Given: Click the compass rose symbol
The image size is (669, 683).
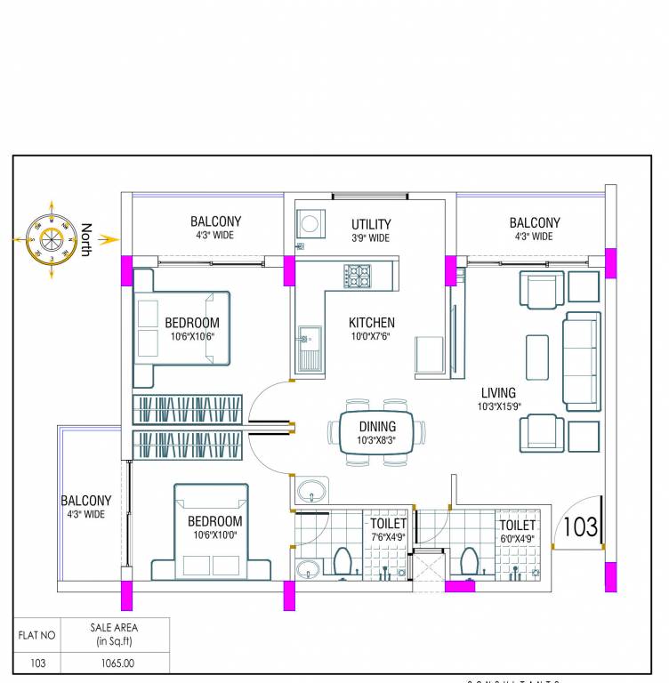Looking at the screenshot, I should [51, 239].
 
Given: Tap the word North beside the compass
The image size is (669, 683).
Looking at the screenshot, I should [85, 239].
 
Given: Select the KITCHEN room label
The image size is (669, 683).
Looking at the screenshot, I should [372, 323].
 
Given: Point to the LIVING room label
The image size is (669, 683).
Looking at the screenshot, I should [498, 392].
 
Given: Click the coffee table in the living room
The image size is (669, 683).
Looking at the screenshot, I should [537, 357].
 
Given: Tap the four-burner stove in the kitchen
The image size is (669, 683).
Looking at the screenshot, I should [359, 276].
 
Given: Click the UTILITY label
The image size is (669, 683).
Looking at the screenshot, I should [370, 224].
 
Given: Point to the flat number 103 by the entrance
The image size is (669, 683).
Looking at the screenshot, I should [580, 526].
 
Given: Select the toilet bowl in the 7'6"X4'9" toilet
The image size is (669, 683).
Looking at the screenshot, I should [342, 562].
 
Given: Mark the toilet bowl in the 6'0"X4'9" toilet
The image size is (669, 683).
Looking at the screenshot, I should [469, 562].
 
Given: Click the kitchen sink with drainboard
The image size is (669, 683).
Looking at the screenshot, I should [310, 348].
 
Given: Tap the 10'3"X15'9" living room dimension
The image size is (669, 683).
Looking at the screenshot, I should [498, 407].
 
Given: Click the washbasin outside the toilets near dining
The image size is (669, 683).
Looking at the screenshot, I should [311, 490].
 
